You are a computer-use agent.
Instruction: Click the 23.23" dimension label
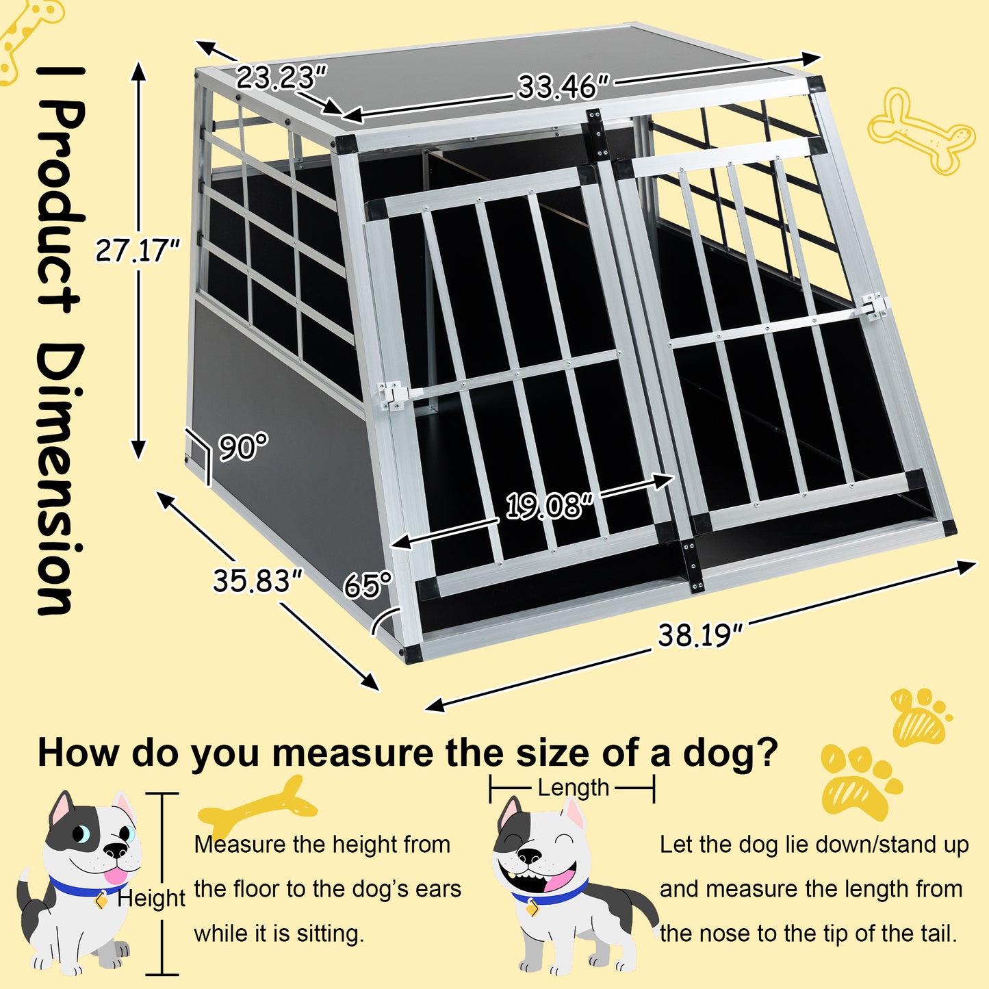(281, 77)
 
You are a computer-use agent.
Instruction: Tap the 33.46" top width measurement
(563, 87)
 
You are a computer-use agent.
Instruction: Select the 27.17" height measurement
(137, 251)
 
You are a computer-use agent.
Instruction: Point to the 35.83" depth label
(257, 581)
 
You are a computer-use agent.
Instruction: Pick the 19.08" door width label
(548, 507)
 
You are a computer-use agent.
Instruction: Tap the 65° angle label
(368, 585)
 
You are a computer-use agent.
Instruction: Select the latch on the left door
(392, 395)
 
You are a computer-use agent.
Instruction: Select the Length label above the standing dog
(573, 788)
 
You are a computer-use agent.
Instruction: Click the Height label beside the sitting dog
(151, 898)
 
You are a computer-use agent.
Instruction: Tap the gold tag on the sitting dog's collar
(101, 900)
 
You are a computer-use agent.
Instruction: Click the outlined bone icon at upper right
(921, 130)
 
